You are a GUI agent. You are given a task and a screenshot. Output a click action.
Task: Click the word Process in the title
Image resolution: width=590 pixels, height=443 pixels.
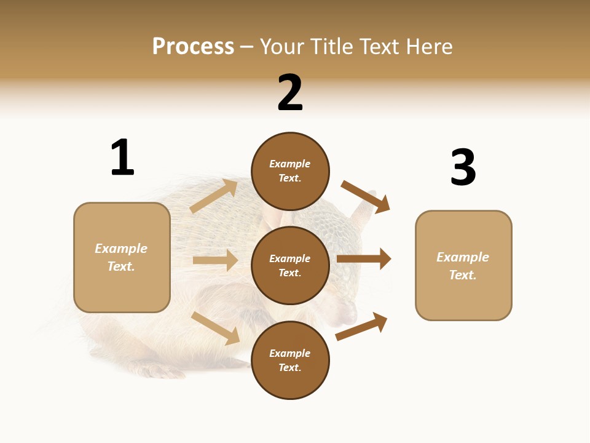193,46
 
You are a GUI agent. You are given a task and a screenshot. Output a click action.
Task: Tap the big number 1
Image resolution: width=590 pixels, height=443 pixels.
122,158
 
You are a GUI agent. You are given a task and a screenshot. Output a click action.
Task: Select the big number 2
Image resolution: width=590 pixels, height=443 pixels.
290,93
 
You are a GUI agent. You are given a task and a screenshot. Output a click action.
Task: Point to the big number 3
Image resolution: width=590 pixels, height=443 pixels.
463,167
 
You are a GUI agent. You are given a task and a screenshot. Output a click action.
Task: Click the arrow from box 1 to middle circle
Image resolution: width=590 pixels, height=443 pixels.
215,260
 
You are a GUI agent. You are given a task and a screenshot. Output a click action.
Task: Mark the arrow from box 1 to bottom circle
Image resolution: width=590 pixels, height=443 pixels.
216,328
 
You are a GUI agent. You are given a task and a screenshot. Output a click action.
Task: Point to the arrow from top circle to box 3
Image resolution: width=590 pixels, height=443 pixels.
366,196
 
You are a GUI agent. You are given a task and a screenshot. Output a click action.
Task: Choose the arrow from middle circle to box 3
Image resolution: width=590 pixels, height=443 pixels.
364,259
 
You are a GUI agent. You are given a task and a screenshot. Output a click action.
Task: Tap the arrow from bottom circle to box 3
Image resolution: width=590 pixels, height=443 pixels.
362,326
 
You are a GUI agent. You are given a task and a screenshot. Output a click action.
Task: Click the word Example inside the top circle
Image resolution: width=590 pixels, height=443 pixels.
290,164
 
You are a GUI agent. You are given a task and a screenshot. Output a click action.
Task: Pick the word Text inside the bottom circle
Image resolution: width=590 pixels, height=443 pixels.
290,367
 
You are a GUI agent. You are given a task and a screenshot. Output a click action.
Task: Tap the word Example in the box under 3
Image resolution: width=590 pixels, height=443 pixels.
463,257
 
